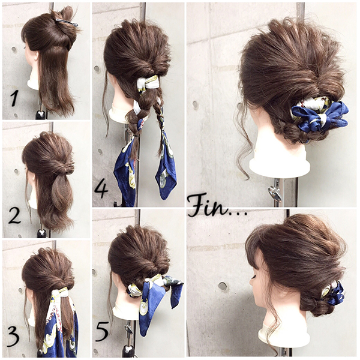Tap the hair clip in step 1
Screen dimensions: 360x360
pos(67,23)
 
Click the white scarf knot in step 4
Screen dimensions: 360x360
pos(148,83)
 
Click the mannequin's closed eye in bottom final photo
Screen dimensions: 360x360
pos(254,277)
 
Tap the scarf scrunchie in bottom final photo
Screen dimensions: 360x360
pos(334,293)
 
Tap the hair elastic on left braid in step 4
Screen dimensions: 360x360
pos(136,136)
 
